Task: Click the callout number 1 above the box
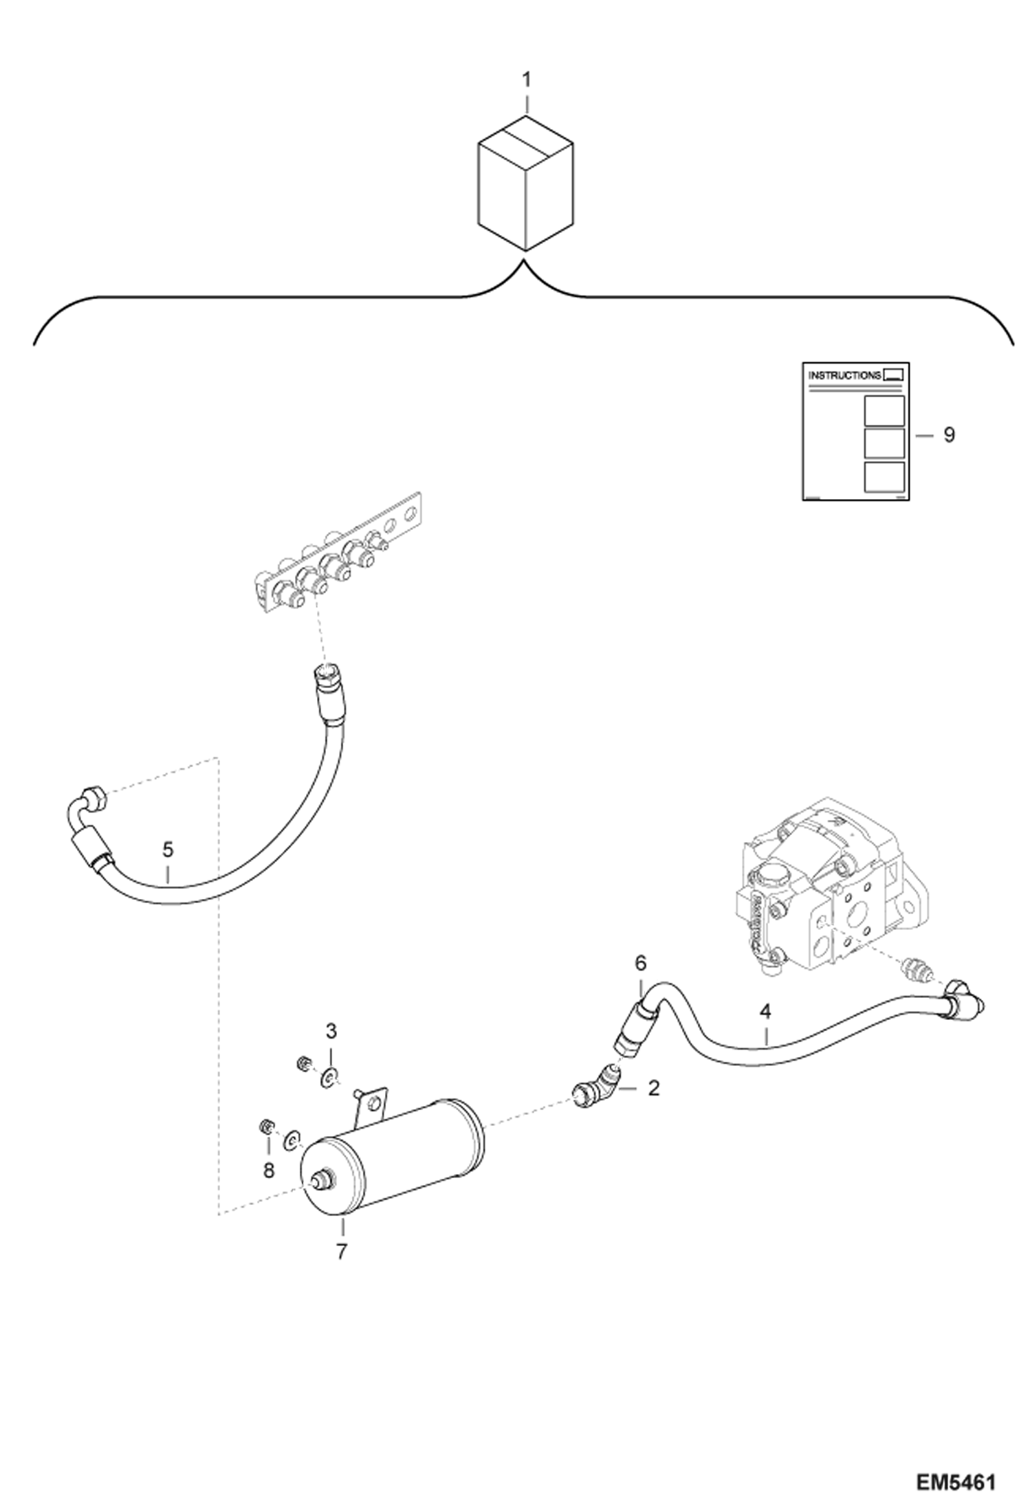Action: pos(526,80)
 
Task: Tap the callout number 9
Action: pos(949,435)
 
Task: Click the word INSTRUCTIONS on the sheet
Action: pos(844,376)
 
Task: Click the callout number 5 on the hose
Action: pos(168,850)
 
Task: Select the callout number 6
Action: pos(640,964)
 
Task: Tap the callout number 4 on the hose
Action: pos(765,1012)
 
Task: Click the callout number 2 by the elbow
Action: pos(653,1088)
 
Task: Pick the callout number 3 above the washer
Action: pos(331,1031)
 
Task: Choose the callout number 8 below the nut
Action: pos(268,1170)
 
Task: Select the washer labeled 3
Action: pos(330,1076)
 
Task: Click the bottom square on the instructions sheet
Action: pos(883,477)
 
